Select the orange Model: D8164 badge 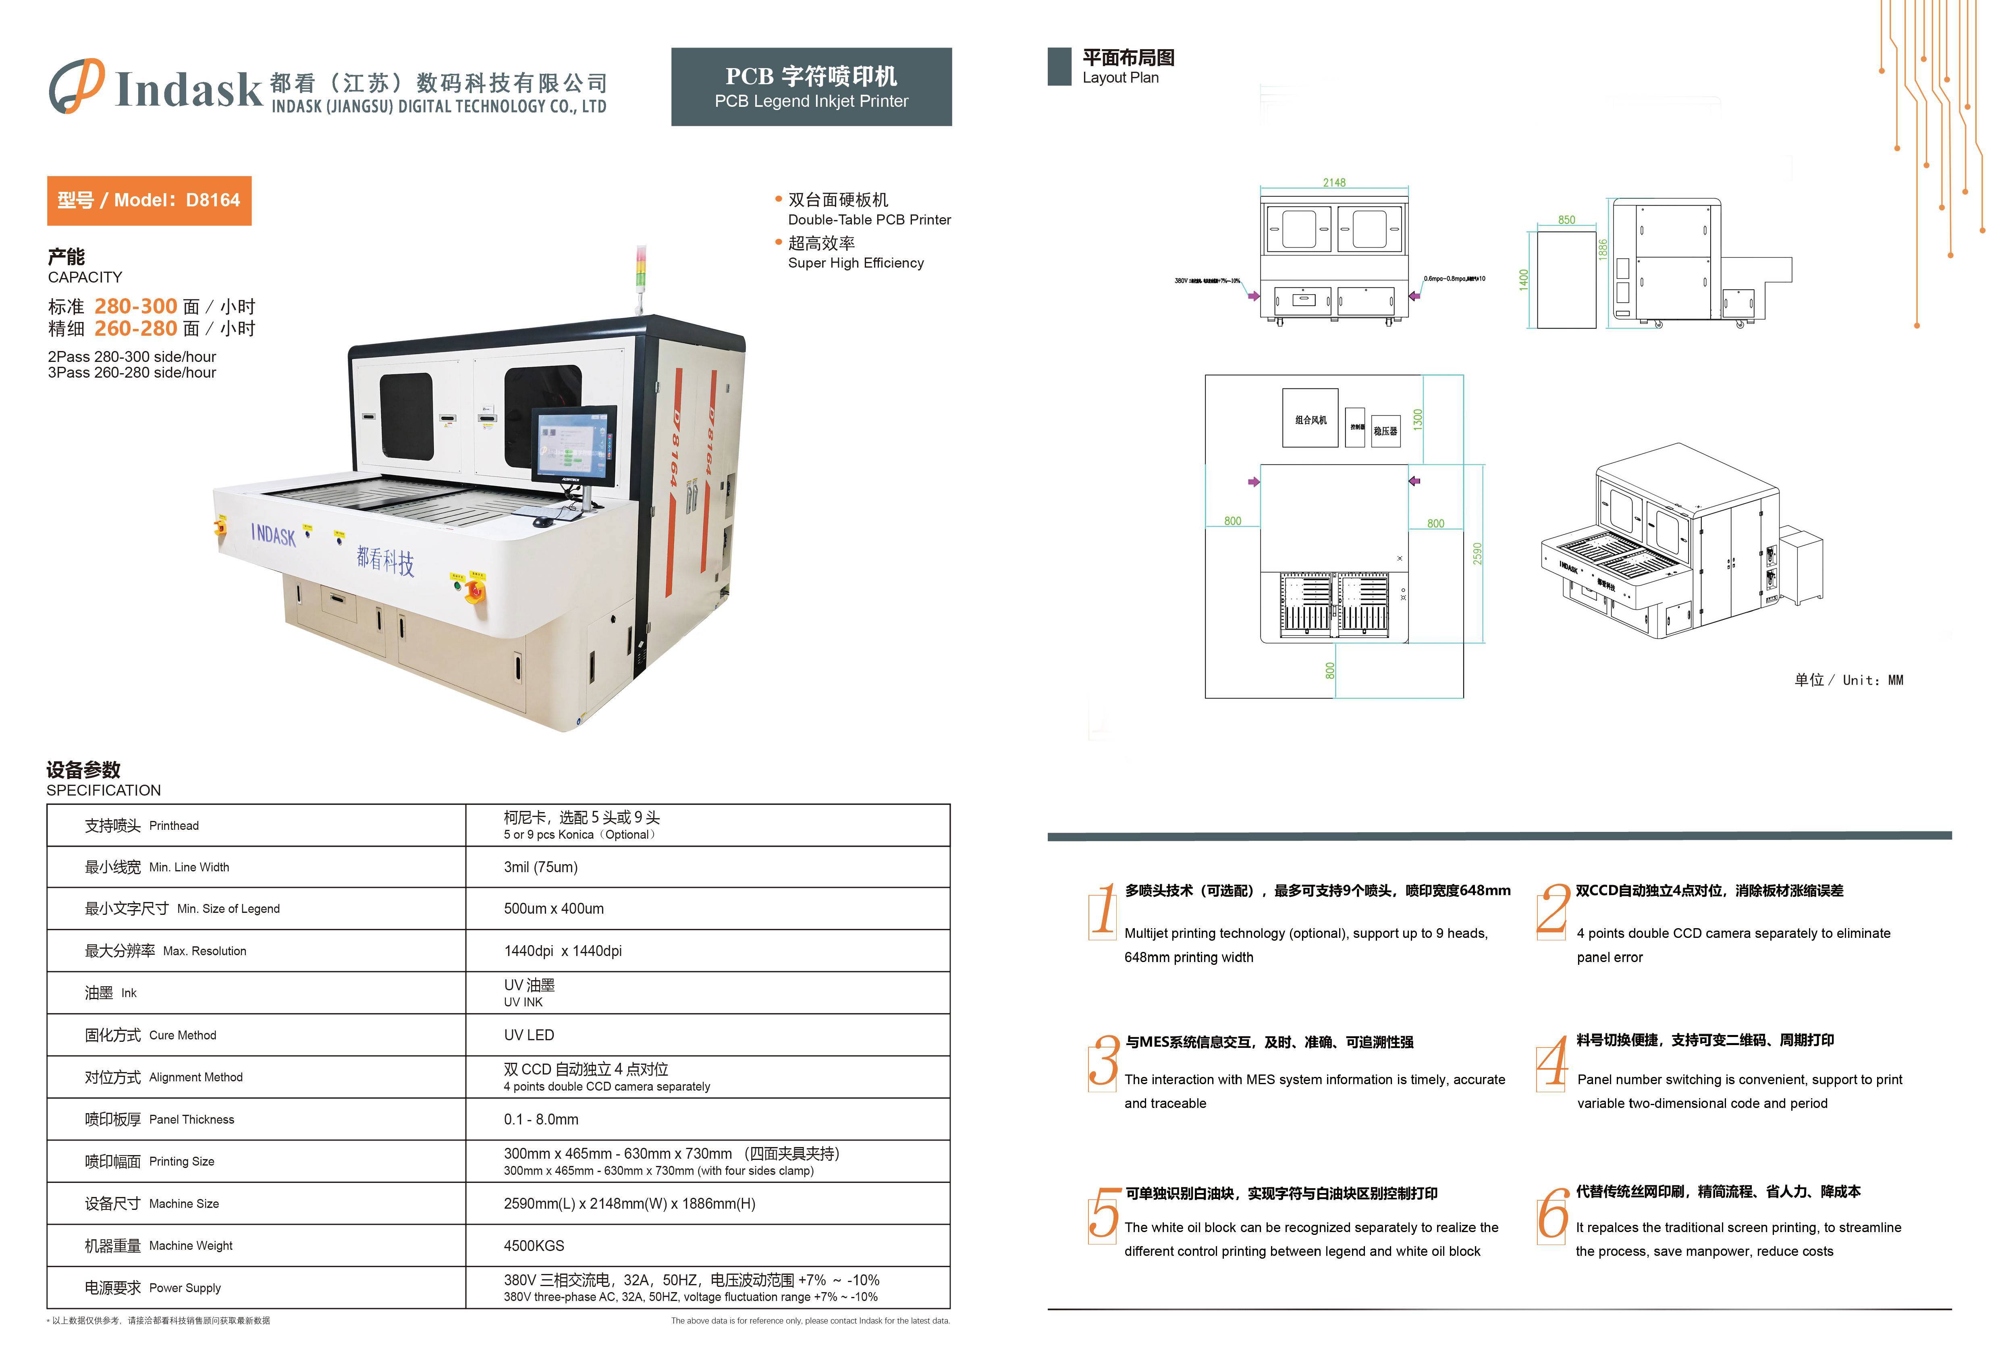pos(149,200)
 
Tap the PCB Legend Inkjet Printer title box pos(811,87)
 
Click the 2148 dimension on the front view pos(1334,183)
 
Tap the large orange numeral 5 pos(1103,1213)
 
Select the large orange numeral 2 pos(1553,910)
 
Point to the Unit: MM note pos(1848,680)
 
